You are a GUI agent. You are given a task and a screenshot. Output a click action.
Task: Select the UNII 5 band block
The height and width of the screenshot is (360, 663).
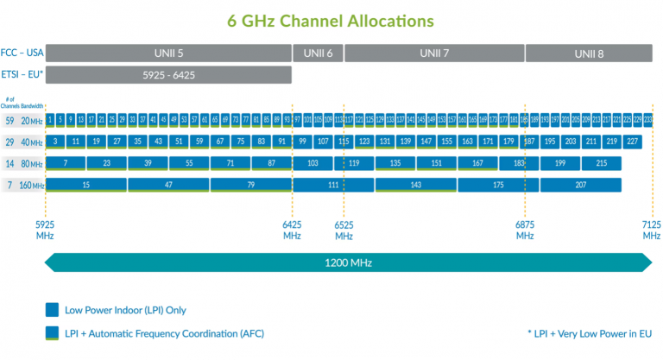pos(169,53)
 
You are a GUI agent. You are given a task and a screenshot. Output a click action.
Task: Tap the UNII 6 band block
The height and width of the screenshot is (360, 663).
pos(319,53)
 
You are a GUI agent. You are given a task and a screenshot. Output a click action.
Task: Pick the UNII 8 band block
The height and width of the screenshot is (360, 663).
pos(589,54)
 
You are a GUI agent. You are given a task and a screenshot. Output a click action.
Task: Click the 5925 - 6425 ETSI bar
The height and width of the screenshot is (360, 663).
pos(168,75)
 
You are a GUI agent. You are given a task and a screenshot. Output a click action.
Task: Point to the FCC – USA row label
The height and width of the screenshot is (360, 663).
pos(22,54)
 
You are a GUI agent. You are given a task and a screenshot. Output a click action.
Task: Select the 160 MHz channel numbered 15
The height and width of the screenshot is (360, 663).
pos(86,184)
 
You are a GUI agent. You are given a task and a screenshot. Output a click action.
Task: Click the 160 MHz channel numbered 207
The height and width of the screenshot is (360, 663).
pos(581,184)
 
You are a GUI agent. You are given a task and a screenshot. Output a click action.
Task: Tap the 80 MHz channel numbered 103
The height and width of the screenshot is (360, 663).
pos(313,162)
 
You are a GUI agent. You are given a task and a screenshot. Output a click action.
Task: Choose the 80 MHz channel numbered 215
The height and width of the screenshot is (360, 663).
pos(601,162)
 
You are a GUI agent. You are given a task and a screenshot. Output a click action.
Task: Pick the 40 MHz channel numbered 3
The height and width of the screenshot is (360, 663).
pos(55,141)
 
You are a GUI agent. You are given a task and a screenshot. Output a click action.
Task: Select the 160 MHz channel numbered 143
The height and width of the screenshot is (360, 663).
pos(416,184)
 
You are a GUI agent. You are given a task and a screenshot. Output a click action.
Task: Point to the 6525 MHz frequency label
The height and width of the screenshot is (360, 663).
pos(344,230)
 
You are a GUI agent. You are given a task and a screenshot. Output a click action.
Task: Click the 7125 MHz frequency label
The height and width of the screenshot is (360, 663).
pos(652,230)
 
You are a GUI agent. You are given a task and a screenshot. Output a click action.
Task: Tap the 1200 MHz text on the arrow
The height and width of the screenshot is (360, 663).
pos(349,262)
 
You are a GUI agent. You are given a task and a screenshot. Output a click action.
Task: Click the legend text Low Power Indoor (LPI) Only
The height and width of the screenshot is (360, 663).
pos(124,310)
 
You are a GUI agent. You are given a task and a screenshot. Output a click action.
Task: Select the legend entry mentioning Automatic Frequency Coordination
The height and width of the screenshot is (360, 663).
pos(156,332)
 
